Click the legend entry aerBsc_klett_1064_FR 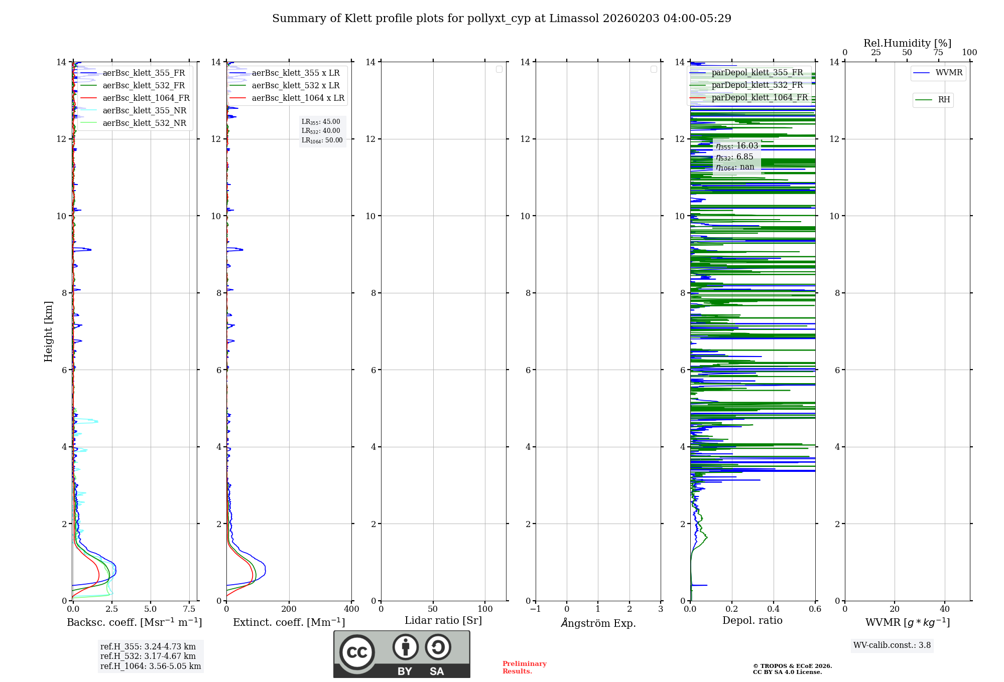pos(146,98)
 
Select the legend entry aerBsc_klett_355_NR pos(144,111)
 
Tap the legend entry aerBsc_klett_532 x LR pos(295,86)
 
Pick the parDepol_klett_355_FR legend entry pos(757,73)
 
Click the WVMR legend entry pos(949,73)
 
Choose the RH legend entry pos(944,100)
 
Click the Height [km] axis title pos(48,331)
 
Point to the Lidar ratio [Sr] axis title pos(443,621)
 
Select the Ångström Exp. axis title pos(598,623)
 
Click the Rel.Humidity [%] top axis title pos(907,43)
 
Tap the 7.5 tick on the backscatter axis pos(189,609)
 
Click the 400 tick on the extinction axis pos(351,609)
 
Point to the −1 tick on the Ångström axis pos(536,609)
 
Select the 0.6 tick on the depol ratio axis pos(815,609)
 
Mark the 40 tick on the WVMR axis pos(944,609)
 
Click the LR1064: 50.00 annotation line pos(322,140)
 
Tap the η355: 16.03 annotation pos(737,146)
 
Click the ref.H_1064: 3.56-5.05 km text pos(151,666)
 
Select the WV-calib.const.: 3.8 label pos(892,645)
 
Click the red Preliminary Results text pos(524,667)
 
